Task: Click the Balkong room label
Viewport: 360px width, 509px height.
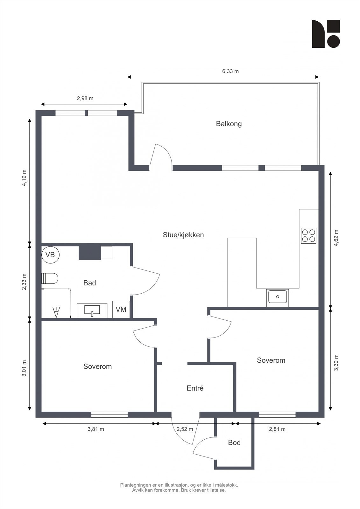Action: click(x=229, y=124)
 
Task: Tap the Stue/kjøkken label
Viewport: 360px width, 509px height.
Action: click(x=183, y=235)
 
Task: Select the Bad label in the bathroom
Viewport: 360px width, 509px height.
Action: click(x=89, y=283)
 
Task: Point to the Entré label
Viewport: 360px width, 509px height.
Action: click(x=195, y=388)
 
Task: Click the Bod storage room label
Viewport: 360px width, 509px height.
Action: click(x=234, y=443)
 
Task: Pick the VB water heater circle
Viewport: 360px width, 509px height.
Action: click(x=51, y=255)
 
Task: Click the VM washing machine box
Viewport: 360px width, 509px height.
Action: click(x=121, y=310)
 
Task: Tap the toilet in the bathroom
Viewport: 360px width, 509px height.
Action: click(x=50, y=278)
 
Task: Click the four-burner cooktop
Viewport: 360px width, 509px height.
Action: click(x=309, y=236)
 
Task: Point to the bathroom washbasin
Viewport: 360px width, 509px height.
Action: click(x=92, y=310)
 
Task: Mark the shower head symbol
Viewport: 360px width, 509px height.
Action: click(x=56, y=312)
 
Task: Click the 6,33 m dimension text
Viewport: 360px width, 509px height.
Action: click(x=230, y=71)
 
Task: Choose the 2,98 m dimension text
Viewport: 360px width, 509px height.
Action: click(x=85, y=99)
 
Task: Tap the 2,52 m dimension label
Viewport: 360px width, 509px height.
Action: click(x=185, y=429)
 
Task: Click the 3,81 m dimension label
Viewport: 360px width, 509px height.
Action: click(x=96, y=429)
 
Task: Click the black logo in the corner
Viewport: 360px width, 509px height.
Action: click(x=326, y=34)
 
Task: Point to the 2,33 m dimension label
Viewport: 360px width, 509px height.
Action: click(x=24, y=282)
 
